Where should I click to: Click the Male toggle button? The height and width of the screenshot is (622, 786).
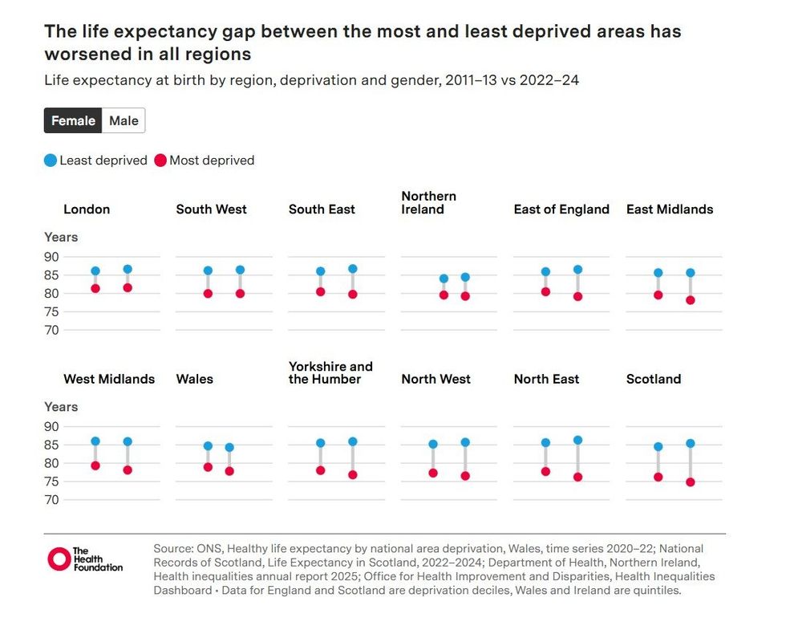pos(124,120)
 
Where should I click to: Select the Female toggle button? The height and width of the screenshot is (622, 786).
pos(73,120)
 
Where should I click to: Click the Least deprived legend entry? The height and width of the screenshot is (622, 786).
pos(95,161)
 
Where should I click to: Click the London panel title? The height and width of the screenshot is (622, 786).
pos(87,209)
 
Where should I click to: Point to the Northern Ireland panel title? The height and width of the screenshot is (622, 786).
pos(428,202)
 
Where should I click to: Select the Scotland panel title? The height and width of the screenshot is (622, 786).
pos(653,379)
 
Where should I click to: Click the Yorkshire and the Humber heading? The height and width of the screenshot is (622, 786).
pos(330,372)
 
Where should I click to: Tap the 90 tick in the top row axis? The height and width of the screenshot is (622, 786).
pos(52,257)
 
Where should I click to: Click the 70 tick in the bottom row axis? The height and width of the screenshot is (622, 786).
pos(52,500)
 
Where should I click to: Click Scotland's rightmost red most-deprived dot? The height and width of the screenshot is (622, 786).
pos(690,482)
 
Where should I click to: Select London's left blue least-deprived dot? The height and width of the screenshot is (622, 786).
pos(95,271)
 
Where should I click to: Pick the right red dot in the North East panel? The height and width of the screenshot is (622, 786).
pos(577,477)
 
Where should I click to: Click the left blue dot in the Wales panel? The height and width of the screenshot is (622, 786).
pos(208,445)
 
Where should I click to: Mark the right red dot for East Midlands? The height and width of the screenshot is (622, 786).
pos(690,300)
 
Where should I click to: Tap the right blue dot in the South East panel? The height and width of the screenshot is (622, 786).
pos(352,269)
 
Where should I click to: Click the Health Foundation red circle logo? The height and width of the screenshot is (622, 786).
pos(59,559)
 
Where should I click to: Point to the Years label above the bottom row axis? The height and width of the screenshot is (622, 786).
pos(61,407)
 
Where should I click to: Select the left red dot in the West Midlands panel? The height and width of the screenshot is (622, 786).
pos(95,465)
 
